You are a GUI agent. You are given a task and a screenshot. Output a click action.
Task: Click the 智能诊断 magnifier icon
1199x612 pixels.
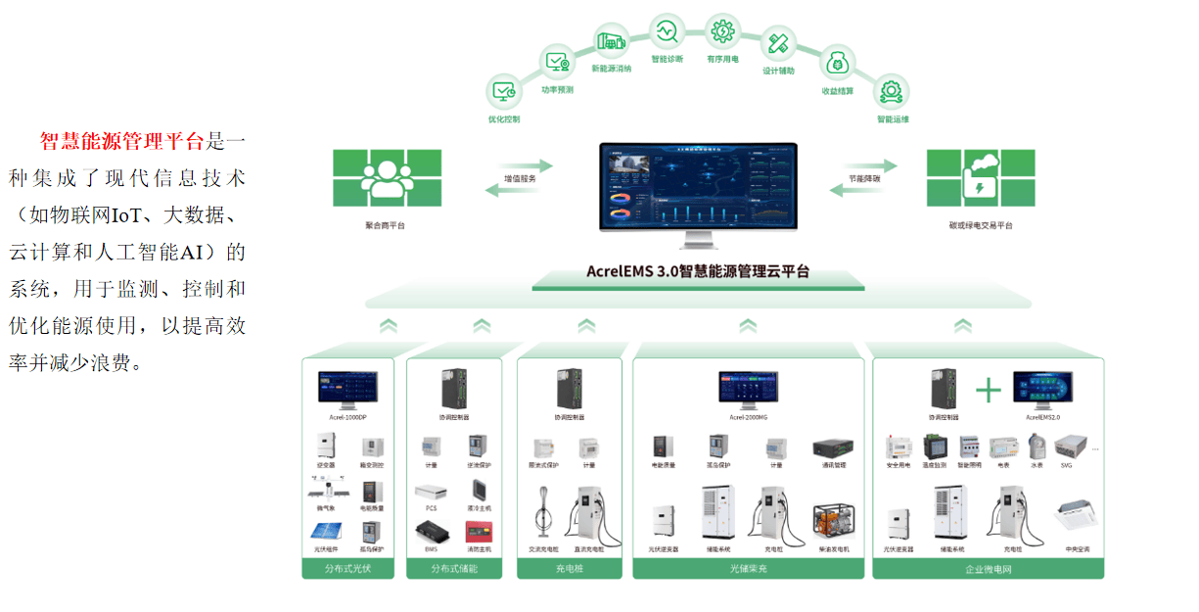(668, 32)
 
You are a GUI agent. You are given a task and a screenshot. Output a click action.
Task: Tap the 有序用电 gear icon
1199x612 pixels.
(722, 30)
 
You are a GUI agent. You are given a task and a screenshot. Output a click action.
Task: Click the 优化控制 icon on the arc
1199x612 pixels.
(505, 93)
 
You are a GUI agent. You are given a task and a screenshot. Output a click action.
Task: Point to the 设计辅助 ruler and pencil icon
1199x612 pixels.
(779, 44)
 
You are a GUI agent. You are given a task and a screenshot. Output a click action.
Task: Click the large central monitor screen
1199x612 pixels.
(698, 187)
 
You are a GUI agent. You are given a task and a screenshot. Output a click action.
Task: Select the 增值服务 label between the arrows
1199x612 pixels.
(520, 179)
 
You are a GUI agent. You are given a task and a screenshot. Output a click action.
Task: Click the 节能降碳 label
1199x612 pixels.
(864, 179)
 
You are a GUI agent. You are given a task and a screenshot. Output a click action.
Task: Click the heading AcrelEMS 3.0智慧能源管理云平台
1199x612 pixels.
(698, 271)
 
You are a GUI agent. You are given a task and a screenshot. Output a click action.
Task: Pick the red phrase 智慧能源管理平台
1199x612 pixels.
(122, 141)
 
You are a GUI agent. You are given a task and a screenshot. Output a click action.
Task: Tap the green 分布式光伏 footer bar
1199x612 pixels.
(347, 568)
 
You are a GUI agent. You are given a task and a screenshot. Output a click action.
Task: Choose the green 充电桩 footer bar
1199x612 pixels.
(569, 568)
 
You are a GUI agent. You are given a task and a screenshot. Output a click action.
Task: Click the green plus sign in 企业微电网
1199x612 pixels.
(989, 391)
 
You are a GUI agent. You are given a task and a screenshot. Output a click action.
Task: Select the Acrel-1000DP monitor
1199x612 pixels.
(347, 390)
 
